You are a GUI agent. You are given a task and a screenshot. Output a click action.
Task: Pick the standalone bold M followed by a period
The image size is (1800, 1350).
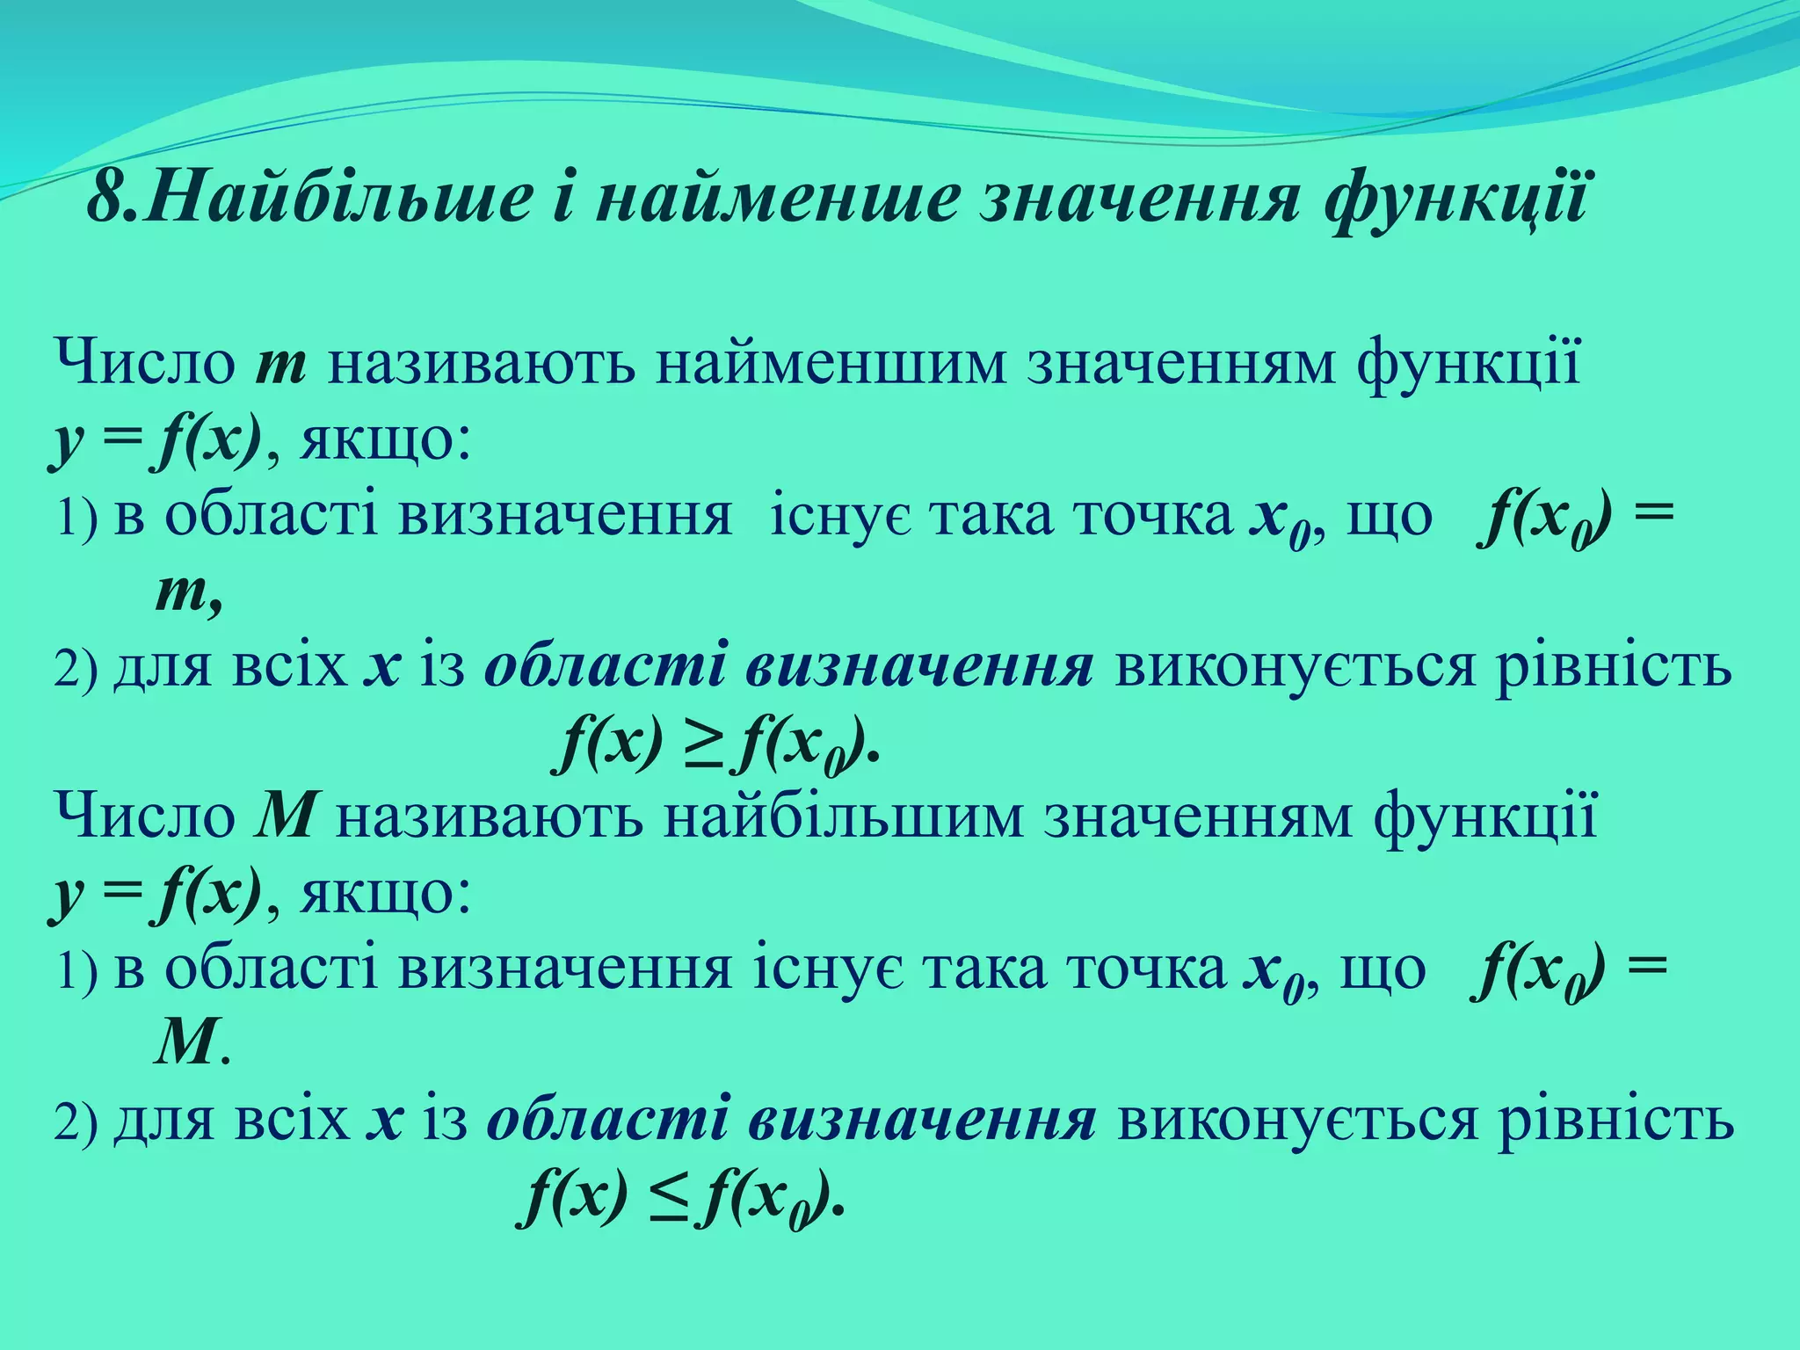coord(186,1044)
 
